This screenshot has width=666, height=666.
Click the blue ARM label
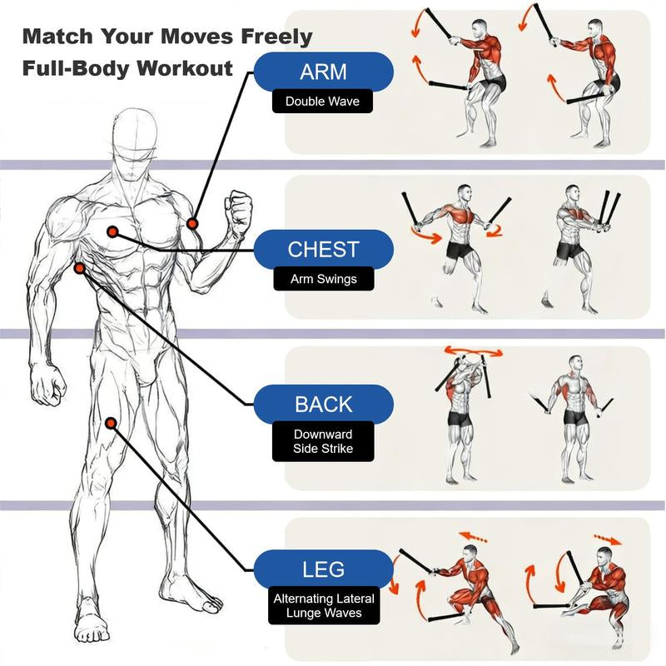(x=323, y=72)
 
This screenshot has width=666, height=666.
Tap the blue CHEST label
(x=323, y=249)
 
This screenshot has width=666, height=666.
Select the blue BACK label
(x=323, y=405)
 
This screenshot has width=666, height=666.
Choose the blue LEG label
(x=323, y=570)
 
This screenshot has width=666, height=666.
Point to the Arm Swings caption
(x=323, y=279)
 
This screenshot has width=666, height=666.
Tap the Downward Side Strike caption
(x=323, y=441)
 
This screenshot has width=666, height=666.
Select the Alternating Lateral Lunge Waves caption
(x=323, y=606)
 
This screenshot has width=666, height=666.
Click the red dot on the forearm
(x=192, y=223)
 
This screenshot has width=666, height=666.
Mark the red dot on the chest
(x=112, y=232)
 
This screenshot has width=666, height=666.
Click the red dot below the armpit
(x=79, y=268)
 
